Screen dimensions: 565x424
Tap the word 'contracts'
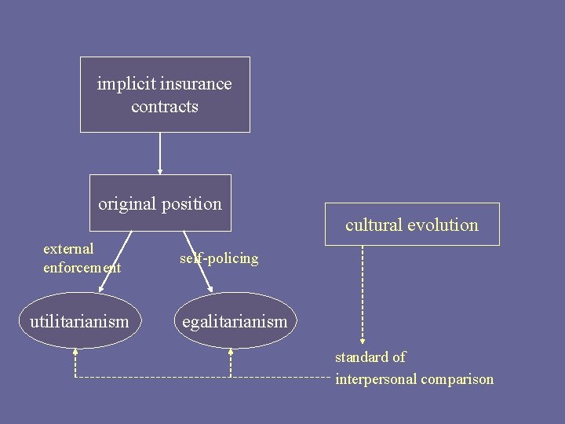point(165,107)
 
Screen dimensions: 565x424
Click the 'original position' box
point(160,203)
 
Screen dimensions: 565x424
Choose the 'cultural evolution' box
point(412,225)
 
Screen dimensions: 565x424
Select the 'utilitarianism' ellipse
point(79,320)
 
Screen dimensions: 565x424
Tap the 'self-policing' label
point(219,258)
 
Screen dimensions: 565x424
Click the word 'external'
point(68,249)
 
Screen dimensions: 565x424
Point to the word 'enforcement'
point(82,268)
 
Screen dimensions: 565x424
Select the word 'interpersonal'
point(376,379)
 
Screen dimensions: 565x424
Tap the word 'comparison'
point(457,380)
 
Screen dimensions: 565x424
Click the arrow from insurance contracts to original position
point(160,153)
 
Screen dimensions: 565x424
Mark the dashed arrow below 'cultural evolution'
point(363,294)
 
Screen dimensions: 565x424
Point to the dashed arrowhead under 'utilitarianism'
point(75,353)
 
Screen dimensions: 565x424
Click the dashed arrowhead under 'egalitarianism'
point(231,353)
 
